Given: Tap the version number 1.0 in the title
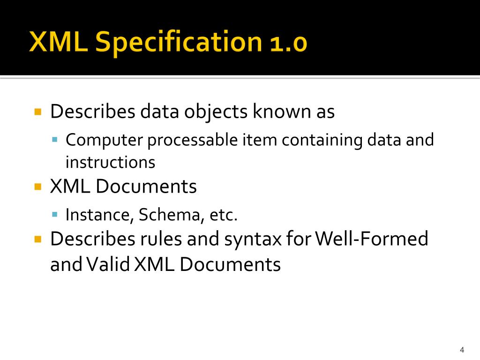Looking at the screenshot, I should coord(288,43).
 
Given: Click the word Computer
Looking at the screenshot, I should coord(104,140).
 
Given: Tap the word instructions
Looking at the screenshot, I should coord(110,162).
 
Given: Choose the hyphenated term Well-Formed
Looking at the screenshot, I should coord(372,239).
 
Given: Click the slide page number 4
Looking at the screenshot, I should coord(462,350).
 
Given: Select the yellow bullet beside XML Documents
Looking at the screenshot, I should coord(38,187).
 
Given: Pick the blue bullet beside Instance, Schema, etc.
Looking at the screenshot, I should coord(55,215).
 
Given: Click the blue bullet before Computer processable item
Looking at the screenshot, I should coord(55,140).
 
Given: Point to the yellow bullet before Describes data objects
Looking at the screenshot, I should coord(38,112).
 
